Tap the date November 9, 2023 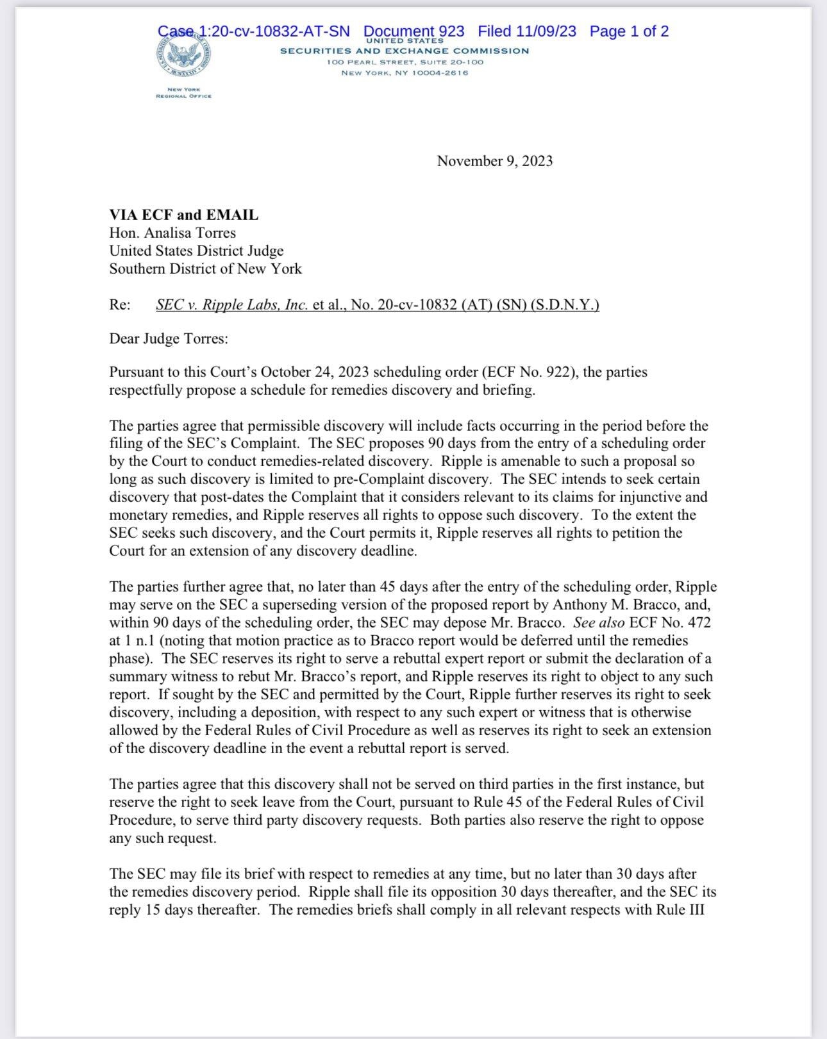(494, 161)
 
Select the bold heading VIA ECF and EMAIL (183, 215)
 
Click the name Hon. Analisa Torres (172, 233)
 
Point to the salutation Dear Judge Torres (168, 338)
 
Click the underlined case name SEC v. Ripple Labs (232, 305)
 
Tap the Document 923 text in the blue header (413, 31)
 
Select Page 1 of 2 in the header (629, 31)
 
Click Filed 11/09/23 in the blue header (526, 31)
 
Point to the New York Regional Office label (183, 93)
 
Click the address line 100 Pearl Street (405, 62)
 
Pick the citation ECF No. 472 (670, 622)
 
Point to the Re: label (120, 305)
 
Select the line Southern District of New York (205, 269)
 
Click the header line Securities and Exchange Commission (405, 51)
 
